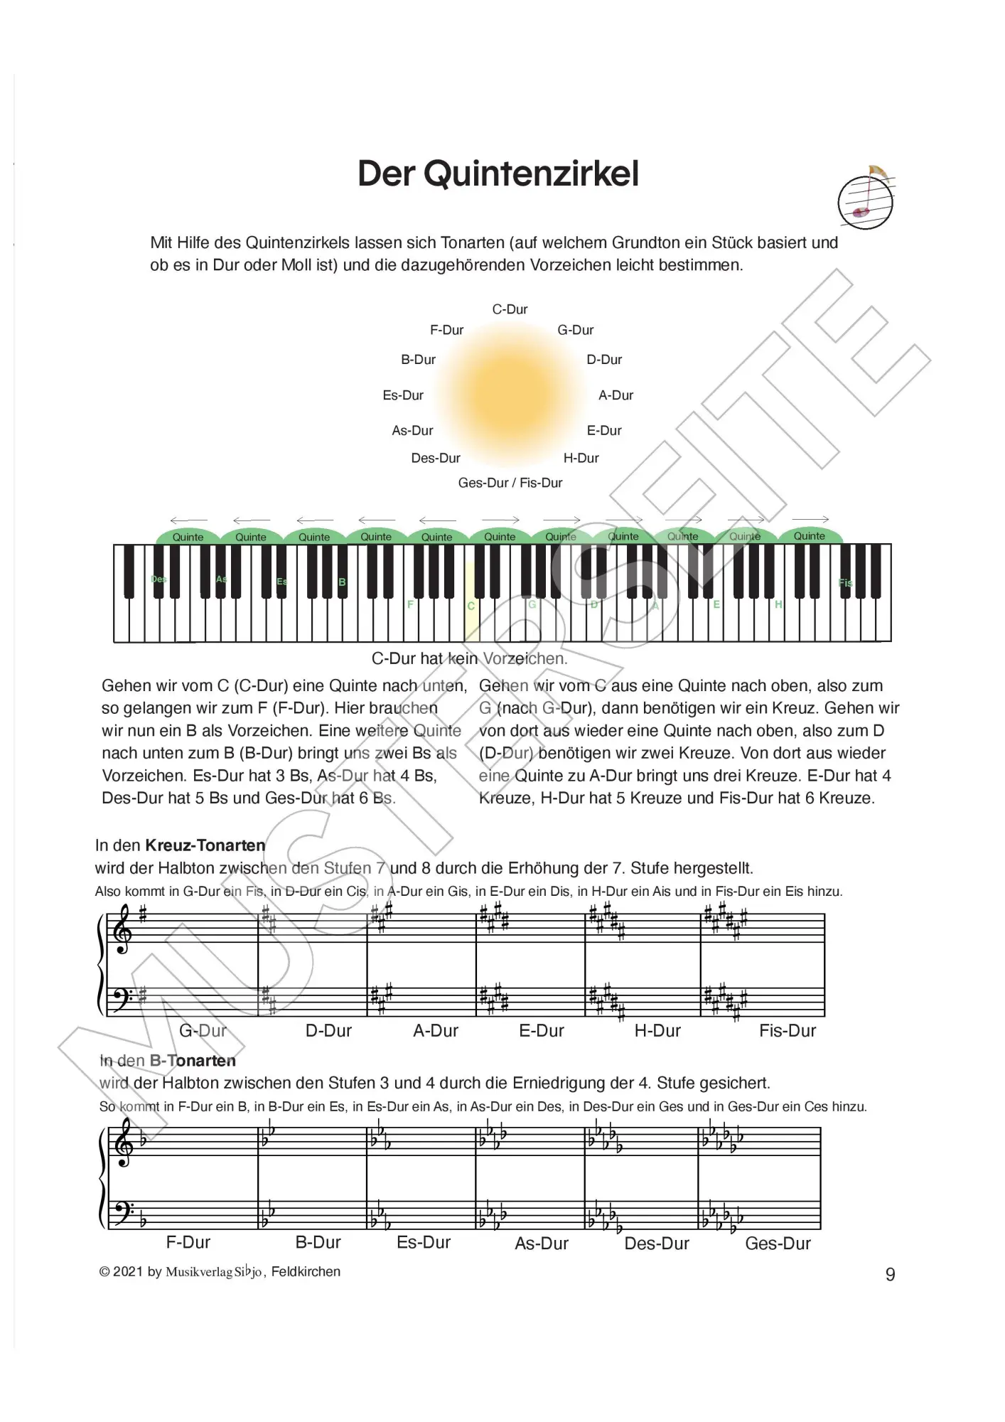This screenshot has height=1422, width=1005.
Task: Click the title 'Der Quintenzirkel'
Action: [498, 174]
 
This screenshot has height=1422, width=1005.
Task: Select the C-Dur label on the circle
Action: [510, 309]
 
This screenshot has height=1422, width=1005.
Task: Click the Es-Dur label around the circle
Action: [403, 395]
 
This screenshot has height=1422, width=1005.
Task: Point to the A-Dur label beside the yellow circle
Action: [616, 395]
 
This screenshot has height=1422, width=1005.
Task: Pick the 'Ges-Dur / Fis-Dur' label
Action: [510, 483]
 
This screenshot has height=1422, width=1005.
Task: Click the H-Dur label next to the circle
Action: [581, 458]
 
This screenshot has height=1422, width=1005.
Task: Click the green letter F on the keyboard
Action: [410, 605]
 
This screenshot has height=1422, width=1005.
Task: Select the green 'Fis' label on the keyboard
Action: [845, 583]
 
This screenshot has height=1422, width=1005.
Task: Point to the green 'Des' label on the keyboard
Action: [158, 579]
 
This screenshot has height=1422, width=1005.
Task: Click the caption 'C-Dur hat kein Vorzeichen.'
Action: [469, 658]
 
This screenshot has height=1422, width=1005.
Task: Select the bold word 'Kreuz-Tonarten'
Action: [205, 845]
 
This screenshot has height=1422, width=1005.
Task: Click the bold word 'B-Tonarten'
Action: [193, 1061]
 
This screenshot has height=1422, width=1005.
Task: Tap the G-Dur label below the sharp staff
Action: [203, 1030]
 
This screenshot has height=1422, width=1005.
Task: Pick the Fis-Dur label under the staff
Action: [787, 1030]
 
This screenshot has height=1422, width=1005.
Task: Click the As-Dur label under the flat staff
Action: [542, 1244]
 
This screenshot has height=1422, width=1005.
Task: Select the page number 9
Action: [890, 1274]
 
